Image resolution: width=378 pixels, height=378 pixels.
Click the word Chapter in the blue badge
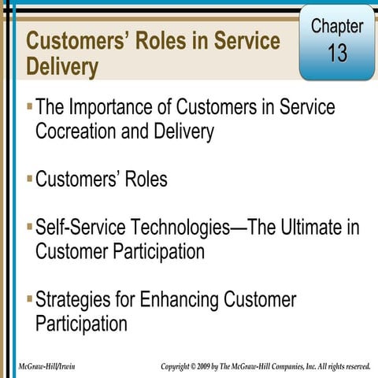click(x=337, y=25)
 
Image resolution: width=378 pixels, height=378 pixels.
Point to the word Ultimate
click(x=300, y=228)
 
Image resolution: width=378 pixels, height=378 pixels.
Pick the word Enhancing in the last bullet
click(x=180, y=300)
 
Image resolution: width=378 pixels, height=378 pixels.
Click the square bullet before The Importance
click(x=29, y=105)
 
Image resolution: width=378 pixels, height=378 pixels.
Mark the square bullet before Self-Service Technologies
click(x=29, y=227)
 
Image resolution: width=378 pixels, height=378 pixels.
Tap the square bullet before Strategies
click(x=29, y=298)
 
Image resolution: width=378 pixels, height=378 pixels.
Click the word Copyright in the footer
click(x=176, y=367)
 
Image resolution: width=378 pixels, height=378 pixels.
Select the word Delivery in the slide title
click(x=62, y=67)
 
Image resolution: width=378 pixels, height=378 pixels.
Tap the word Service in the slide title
click(x=247, y=40)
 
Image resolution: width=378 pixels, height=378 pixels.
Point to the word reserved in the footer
click(x=354, y=367)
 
